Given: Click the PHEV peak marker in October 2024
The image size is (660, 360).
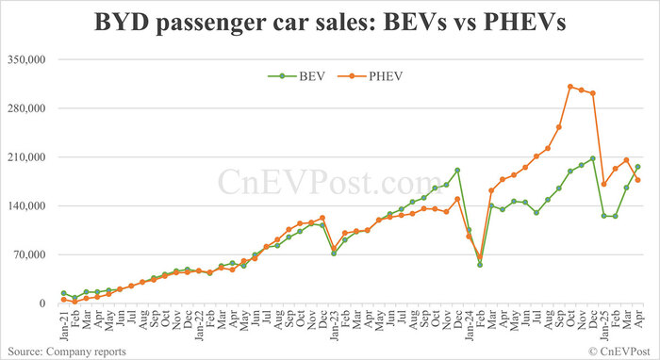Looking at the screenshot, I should coord(570,87).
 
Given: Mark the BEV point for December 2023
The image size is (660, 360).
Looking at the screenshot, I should coord(457,171).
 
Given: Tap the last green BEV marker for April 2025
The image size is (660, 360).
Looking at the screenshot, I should coord(638,167).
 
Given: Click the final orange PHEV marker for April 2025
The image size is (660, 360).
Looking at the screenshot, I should coord(638,180).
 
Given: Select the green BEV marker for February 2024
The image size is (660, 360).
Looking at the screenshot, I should coord(480,265).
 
